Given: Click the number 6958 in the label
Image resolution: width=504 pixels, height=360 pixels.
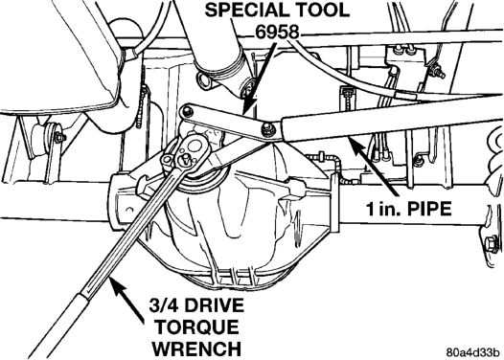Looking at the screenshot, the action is point(278,33).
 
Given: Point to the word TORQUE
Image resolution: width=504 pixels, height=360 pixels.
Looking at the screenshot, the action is point(197,326).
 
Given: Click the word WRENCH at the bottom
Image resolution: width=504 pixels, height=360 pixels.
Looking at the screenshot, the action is point(196,349).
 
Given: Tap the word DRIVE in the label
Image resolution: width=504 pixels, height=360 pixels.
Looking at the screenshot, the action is point(214,305).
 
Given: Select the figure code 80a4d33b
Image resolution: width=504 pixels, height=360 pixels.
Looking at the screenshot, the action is point(473,352).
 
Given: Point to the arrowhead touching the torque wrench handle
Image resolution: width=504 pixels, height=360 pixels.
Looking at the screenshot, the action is point(116,286).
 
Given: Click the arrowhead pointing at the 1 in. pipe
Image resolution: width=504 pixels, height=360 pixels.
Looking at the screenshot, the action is point(356,145).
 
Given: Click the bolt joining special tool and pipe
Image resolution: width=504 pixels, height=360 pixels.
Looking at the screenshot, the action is point(267,127).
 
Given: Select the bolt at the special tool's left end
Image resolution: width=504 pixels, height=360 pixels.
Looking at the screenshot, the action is point(187,112).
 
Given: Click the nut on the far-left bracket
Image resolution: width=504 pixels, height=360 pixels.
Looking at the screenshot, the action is point(60,137).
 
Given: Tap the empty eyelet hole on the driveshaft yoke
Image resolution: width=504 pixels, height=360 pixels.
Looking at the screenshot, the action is point(203,81).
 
